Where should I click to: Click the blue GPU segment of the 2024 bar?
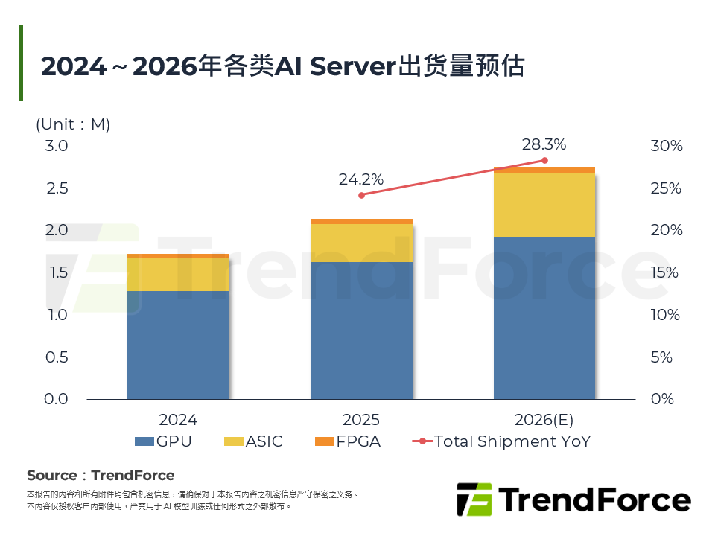(x=178, y=345)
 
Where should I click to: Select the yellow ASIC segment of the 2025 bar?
(x=361, y=243)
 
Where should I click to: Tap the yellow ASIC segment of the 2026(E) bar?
(x=544, y=205)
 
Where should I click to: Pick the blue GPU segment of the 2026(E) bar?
(x=544, y=318)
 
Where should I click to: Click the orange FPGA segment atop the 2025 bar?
(x=361, y=221)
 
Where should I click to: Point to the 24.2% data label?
(x=361, y=179)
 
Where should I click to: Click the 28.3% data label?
(x=544, y=144)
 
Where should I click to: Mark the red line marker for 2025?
(x=361, y=195)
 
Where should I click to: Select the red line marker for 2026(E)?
(x=544, y=161)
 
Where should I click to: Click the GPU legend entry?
(x=163, y=441)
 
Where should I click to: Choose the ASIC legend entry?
(x=253, y=441)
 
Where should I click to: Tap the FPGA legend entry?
(x=347, y=441)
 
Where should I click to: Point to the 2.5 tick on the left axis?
(x=57, y=188)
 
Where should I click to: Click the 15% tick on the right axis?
(x=666, y=272)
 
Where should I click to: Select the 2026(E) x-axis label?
(x=544, y=419)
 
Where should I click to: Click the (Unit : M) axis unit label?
(x=73, y=124)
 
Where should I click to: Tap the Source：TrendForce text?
(x=101, y=476)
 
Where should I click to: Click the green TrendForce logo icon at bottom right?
(x=474, y=499)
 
